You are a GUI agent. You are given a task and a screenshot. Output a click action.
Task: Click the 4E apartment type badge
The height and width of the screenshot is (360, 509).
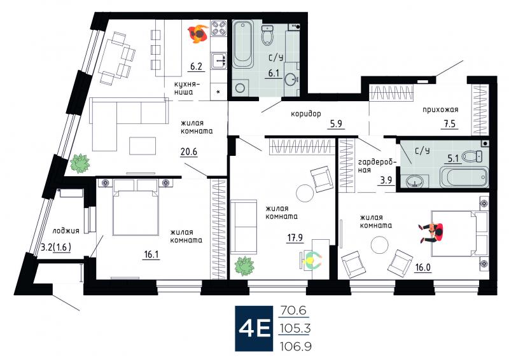pos(254,328)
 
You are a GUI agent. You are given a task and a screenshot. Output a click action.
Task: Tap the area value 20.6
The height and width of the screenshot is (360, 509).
pos(189,151)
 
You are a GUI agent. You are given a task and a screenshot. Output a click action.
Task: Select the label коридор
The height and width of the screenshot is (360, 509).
pos(306,114)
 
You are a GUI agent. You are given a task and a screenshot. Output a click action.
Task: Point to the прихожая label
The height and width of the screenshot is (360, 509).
pos(440,110)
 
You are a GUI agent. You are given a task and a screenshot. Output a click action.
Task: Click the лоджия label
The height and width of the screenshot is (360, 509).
pos(66,231)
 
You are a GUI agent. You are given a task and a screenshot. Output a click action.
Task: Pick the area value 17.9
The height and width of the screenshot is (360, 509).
pos(295,238)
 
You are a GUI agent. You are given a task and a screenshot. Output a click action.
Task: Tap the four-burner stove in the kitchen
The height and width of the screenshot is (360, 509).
pos(219,28)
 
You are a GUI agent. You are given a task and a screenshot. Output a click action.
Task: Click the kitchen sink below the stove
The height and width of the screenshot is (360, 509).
pos(219,60)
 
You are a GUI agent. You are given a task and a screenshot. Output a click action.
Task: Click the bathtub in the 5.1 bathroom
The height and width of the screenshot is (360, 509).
pos(464,177)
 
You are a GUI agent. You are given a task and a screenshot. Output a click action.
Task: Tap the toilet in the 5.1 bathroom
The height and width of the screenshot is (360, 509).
pos(472,157)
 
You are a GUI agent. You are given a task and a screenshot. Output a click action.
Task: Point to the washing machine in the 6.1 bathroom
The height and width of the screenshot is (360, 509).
pos(241,88)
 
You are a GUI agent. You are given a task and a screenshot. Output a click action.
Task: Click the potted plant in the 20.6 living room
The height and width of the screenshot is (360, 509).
pos(80,163)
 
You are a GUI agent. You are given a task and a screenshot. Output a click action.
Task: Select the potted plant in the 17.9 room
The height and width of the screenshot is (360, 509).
pos(245,266)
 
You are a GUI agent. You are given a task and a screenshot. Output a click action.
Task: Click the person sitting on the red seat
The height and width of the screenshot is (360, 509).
pos(431,232)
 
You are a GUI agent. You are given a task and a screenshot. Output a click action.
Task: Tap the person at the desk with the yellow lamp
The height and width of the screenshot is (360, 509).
pos(311,260)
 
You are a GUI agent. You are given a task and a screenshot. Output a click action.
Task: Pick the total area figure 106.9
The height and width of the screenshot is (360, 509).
pos(296,347)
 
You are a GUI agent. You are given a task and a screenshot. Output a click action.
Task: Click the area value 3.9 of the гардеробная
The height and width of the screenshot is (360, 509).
pos(386,179)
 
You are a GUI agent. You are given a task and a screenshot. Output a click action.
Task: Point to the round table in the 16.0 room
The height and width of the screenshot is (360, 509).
pos(380,245)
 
